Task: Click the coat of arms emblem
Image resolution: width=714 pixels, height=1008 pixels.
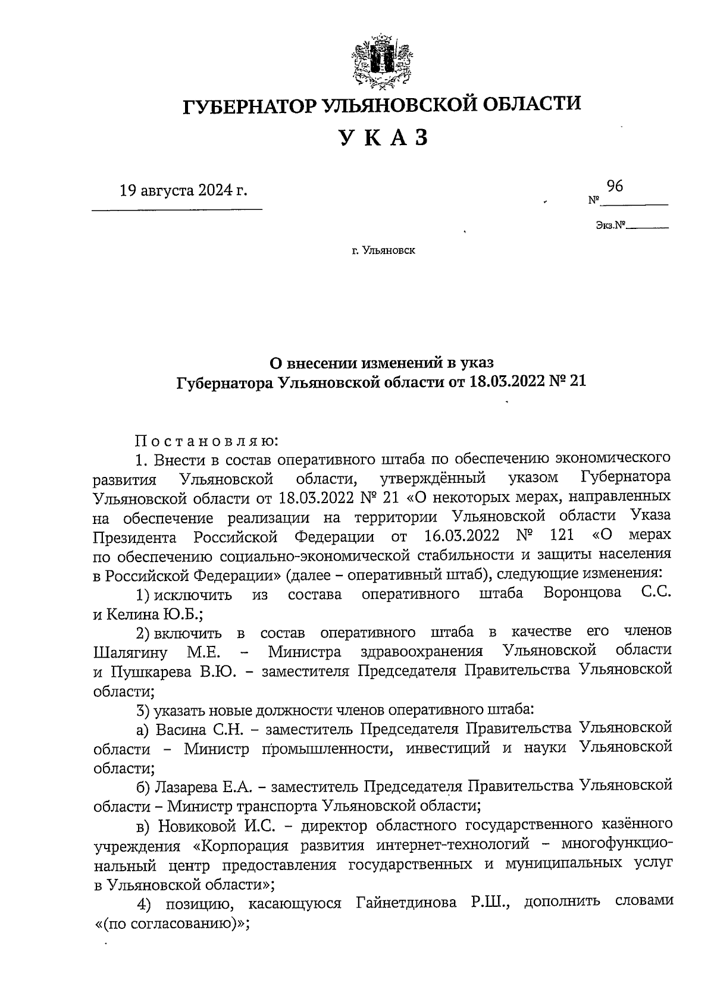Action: pyautogui.click(x=381, y=61)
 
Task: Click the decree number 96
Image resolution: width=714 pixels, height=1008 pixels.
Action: pyautogui.click(x=615, y=186)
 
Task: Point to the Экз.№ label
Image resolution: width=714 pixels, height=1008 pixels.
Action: pyautogui.click(x=611, y=225)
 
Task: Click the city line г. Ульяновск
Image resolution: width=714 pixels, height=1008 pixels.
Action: pyautogui.click(x=383, y=251)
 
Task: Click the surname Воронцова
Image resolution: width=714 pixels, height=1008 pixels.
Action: pyautogui.click(x=583, y=593)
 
